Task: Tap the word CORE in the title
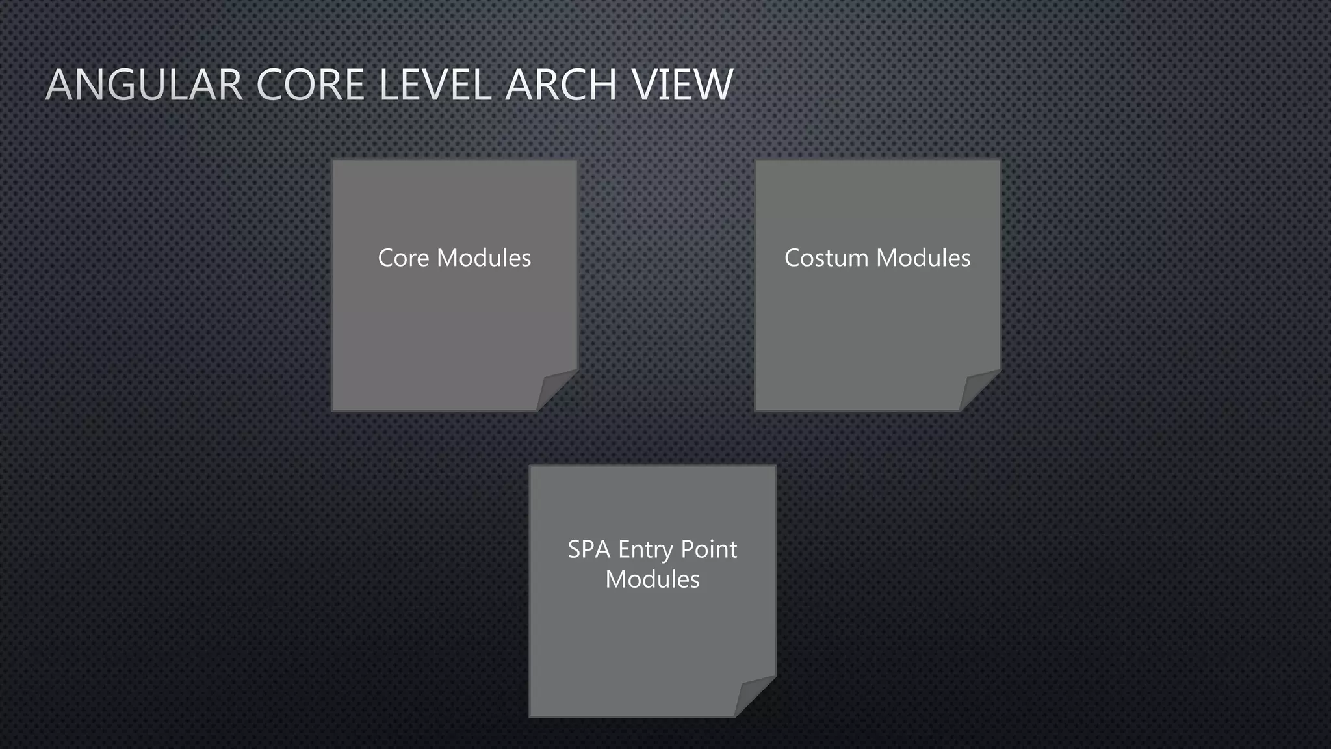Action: coord(311,85)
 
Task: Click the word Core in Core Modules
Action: coord(403,258)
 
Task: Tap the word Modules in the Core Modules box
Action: coord(484,258)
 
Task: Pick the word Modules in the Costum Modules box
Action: coord(923,258)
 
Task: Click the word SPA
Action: coord(589,550)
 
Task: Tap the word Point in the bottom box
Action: coord(708,550)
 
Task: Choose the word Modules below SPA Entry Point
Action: coord(653,579)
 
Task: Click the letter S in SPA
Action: coord(575,550)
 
